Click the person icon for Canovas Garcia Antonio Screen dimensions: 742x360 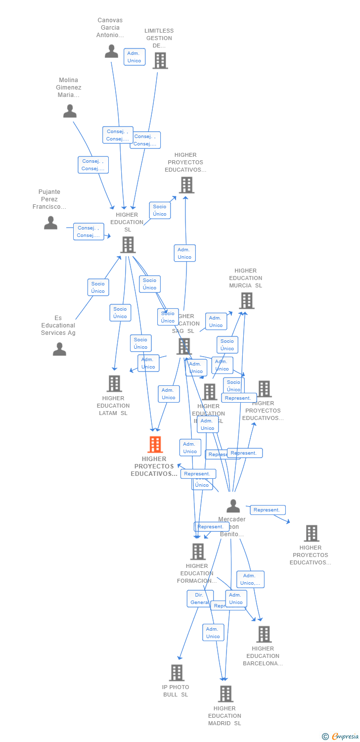[x=111, y=51]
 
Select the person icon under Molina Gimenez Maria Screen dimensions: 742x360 [x=70, y=111]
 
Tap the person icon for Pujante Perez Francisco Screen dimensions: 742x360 [x=50, y=223]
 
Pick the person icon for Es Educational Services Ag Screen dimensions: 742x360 [x=59, y=349]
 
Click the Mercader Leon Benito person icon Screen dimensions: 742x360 [x=233, y=506]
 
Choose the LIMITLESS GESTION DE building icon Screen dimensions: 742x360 [x=160, y=61]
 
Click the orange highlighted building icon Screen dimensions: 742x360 [x=155, y=445]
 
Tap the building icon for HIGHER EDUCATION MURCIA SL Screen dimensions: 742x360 [x=246, y=301]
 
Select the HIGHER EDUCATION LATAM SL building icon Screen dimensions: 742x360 [x=114, y=383]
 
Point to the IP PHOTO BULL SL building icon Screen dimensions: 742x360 [x=177, y=673]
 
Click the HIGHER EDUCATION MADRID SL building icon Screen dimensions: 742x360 [x=225, y=694]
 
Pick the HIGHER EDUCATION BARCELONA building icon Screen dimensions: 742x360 [x=264, y=634]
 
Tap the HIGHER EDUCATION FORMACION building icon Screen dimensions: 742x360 [x=198, y=552]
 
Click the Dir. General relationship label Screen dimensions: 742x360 [x=200, y=599]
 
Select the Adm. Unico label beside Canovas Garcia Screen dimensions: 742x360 [x=134, y=57]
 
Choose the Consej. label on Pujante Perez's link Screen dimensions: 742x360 [x=89, y=232]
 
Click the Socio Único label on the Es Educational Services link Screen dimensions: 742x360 [x=98, y=287]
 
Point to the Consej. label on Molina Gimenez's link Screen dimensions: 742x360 [x=93, y=165]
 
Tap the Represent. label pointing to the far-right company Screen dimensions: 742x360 [x=268, y=510]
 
